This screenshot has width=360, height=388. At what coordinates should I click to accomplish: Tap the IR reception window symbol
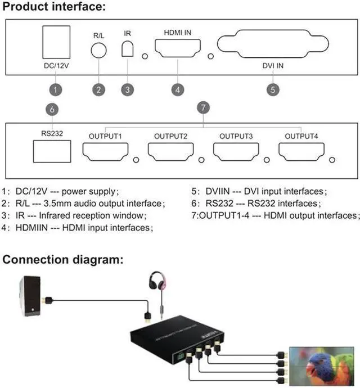128,49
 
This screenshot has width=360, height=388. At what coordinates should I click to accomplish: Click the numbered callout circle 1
55,89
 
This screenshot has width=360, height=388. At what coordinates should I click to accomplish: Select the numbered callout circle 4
177,89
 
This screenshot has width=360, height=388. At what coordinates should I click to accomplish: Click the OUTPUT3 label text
236,136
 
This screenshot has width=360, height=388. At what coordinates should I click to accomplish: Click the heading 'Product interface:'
53,7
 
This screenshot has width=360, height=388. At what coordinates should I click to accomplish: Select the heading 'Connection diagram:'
64,260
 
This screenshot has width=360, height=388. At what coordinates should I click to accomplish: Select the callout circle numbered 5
272,89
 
